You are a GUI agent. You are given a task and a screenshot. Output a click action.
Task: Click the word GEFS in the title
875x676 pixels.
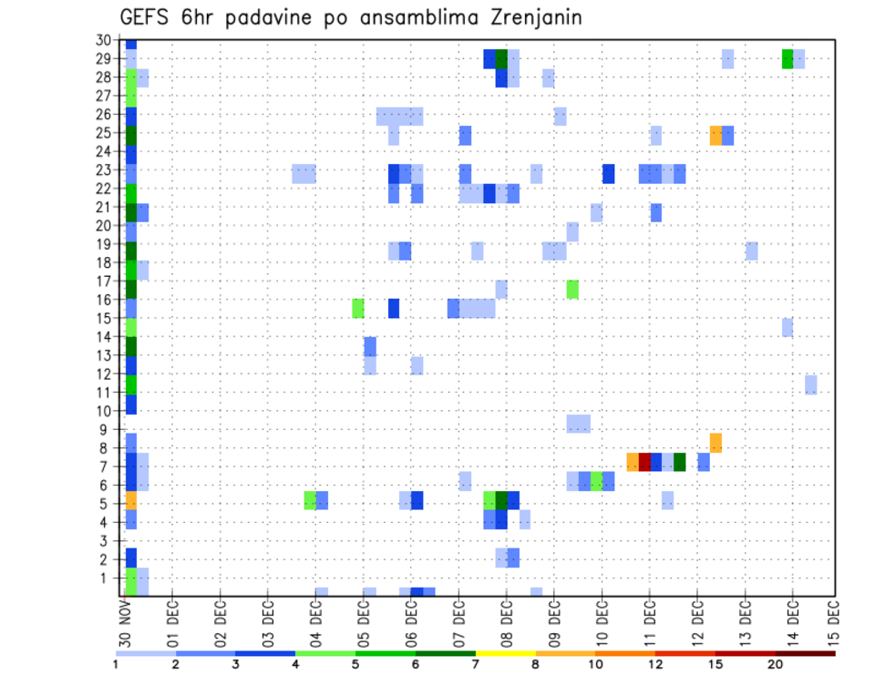click(144, 17)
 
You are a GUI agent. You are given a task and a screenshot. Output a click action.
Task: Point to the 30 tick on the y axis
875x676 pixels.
click(103, 40)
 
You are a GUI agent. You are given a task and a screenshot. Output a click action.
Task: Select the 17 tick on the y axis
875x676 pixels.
click(103, 281)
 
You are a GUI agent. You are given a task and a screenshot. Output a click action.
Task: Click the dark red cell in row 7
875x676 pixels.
click(644, 462)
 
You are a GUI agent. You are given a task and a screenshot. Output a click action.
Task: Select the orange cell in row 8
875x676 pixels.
click(715, 443)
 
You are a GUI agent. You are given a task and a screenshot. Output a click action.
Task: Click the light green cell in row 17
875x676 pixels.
click(572, 289)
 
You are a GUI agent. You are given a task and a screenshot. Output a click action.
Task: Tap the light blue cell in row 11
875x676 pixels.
click(810, 384)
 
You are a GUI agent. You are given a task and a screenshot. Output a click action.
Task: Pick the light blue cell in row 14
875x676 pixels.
click(787, 327)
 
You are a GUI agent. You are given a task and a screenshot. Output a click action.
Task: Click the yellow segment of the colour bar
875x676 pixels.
click(505, 653)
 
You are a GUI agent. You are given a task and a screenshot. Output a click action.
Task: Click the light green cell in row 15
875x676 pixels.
click(358, 308)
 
